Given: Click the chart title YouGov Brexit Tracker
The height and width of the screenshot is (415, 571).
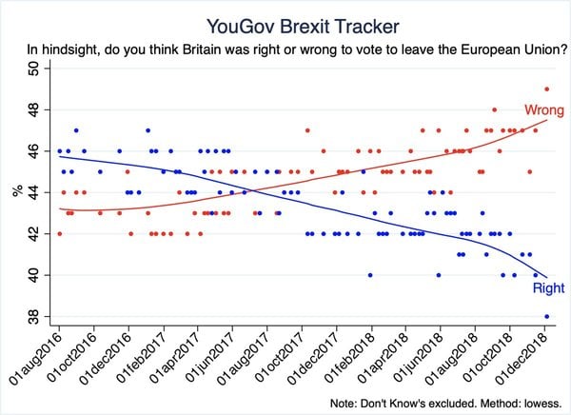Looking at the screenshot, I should (285, 22).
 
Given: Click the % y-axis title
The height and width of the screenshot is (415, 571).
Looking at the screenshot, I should (17, 192).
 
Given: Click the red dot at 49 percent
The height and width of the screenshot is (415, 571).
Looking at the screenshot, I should (546, 89).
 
